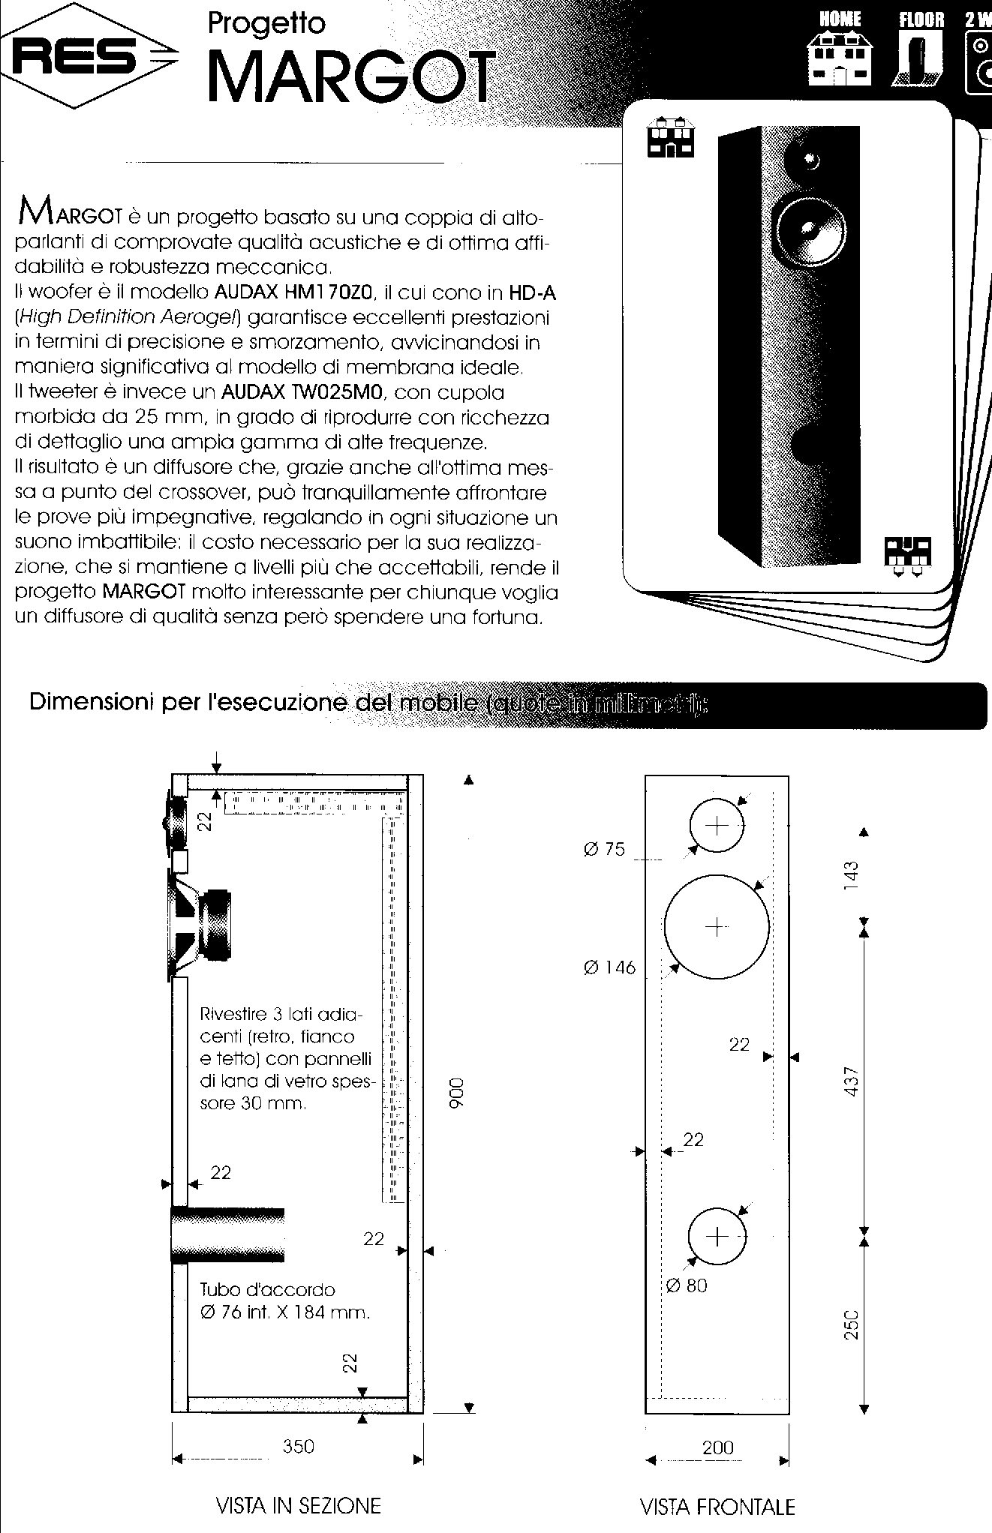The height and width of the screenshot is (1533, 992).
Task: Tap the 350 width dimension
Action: pos(298,1446)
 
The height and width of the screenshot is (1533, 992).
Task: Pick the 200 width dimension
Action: pos(717,1447)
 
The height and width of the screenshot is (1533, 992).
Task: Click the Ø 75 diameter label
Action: pos(604,850)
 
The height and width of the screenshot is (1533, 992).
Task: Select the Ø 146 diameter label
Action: pos(609,967)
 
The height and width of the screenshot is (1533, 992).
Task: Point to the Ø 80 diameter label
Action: pos(686,1285)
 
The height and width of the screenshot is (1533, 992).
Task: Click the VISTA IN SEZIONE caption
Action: pos(298,1505)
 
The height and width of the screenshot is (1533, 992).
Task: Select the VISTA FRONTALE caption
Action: pos(717,1506)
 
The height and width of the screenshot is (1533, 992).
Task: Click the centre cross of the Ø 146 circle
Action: pos(717,927)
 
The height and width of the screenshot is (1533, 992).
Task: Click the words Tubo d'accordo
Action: pos(267,1290)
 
